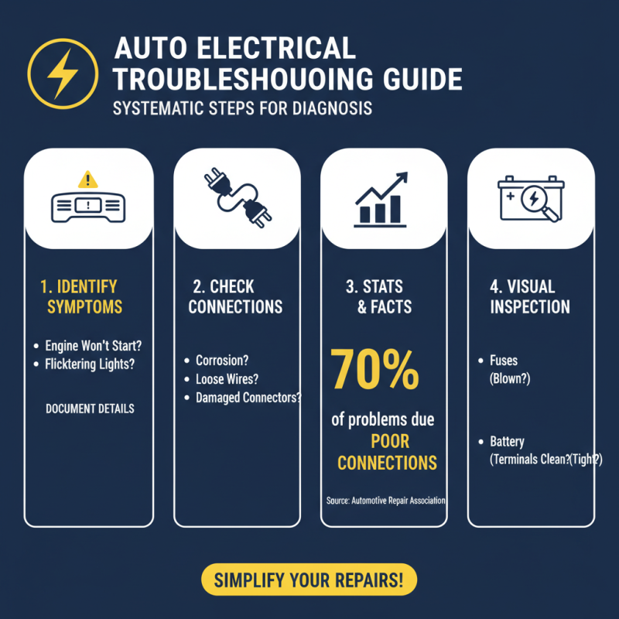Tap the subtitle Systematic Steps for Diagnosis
click(x=242, y=108)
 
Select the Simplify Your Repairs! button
click(x=309, y=580)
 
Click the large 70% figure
click(x=375, y=370)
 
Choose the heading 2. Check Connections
click(x=235, y=296)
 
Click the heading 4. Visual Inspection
click(x=530, y=296)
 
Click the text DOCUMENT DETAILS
click(x=89, y=408)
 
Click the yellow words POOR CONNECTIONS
click(x=387, y=453)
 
